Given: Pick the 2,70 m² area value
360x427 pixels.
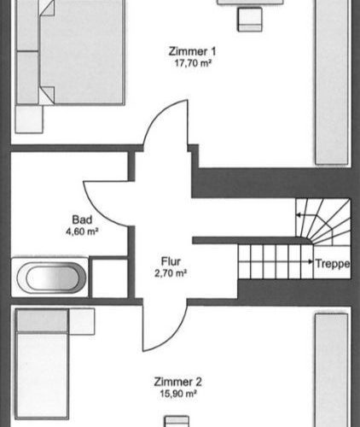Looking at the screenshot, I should click(x=170, y=273).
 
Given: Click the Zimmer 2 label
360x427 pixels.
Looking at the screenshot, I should click(x=178, y=382).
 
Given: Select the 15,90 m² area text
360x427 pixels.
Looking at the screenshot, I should click(x=178, y=393).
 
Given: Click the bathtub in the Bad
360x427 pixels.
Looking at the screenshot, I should click(x=50, y=278).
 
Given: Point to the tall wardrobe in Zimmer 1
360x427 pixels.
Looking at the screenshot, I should click(x=332, y=81).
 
